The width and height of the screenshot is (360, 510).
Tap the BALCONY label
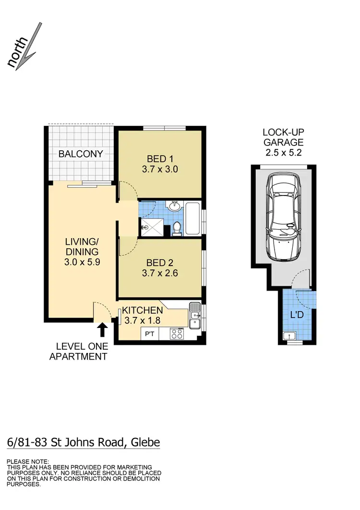pos(81,154)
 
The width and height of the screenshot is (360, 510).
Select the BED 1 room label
pos(160,159)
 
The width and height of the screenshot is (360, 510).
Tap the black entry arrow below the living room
pos(102,330)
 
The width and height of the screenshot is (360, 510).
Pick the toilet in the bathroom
pos(177,229)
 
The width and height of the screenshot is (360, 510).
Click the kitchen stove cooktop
pos(176,333)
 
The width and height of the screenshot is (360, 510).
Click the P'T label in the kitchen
pos(147,334)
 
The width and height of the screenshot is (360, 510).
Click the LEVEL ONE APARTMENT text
pos(78,351)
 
